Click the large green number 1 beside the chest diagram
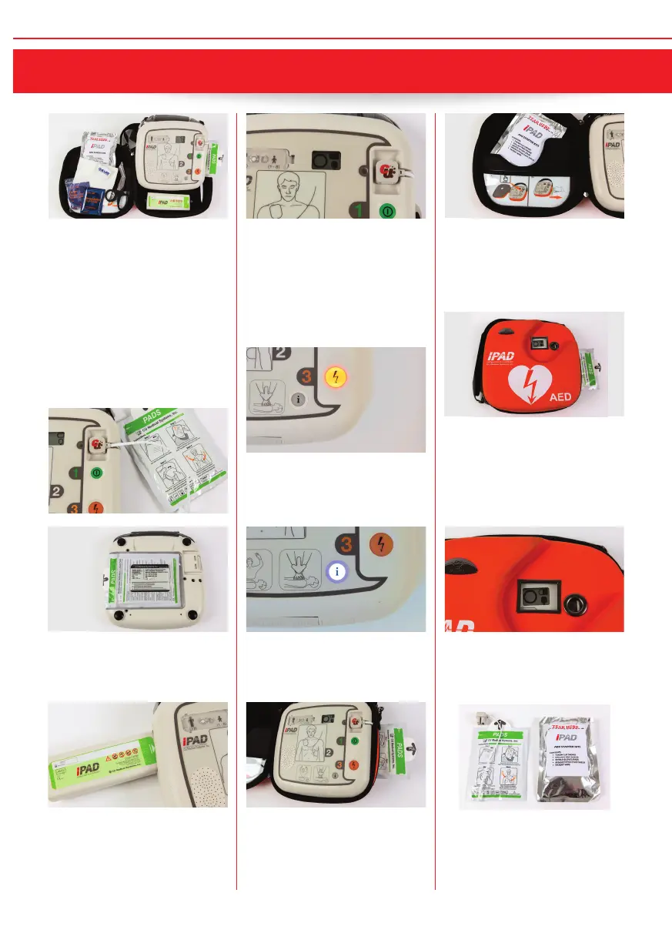358,209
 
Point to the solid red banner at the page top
336,72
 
